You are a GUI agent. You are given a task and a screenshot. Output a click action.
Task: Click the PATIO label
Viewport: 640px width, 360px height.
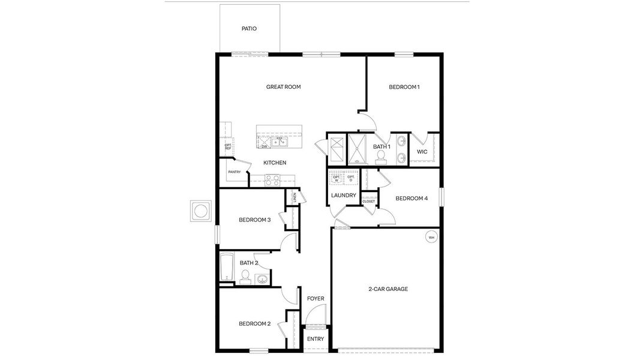point(249,29)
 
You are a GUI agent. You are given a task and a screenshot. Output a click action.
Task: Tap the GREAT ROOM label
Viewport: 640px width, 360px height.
point(283,87)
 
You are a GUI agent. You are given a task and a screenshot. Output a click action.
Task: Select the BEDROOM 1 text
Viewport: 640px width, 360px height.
point(404,87)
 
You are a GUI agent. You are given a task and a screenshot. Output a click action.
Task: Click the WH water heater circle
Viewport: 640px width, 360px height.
point(431,238)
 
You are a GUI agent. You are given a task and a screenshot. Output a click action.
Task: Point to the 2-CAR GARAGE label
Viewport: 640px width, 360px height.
point(388,289)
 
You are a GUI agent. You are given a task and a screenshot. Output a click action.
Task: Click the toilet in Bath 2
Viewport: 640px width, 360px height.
point(245,276)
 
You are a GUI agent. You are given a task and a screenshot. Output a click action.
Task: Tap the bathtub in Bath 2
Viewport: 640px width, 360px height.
point(227,267)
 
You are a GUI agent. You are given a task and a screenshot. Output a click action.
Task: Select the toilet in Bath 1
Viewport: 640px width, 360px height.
point(380,157)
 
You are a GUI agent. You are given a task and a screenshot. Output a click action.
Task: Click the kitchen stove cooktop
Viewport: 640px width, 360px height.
point(272,178)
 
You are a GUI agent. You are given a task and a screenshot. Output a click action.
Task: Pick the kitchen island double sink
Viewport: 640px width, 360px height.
point(279,142)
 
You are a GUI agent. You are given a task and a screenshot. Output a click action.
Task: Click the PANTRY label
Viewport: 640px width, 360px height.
point(234,172)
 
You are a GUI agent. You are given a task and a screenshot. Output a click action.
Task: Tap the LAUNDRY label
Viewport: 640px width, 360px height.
point(344,196)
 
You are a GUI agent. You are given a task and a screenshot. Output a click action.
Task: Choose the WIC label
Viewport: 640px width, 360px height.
point(422,152)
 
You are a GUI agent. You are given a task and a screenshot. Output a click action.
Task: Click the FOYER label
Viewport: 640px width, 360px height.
point(316,299)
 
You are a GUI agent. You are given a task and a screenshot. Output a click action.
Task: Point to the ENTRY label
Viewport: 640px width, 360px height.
point(316,339)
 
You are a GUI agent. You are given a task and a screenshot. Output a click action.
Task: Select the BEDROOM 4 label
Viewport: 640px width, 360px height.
point(411,199)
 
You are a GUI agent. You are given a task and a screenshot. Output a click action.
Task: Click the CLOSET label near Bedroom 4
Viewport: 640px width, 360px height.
point(369,202)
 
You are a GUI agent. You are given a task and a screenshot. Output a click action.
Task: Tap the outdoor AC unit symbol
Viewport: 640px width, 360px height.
point(200,211)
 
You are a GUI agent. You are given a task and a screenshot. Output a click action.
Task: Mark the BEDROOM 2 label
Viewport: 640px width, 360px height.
point(254,324)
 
